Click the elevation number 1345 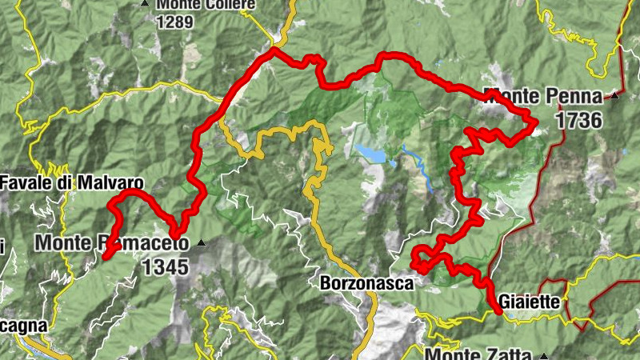click(166, 266)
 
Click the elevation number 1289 click(175, 22)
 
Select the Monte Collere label click(206, 5)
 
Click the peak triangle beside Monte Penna click(614, 97)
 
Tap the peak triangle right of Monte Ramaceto click(202, 242)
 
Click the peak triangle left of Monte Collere click(145, 4)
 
